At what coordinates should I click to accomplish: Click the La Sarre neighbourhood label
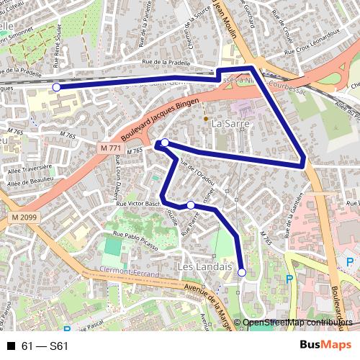[230, 124]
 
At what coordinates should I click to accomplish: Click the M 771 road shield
[110, 147]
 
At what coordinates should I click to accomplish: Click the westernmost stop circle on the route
[57, 87]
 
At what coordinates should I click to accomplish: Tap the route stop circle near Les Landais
[242, 272]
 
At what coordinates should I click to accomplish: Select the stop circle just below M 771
[165, 143]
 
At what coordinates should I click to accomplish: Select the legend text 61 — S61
[45, 346]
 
